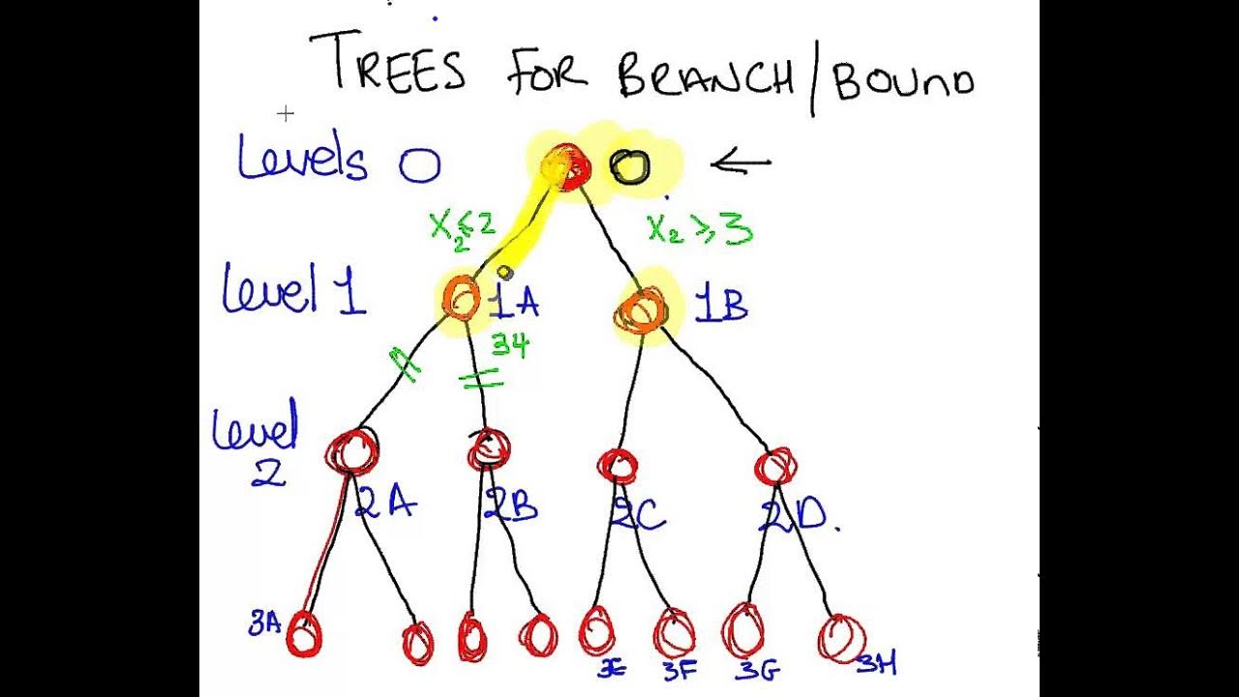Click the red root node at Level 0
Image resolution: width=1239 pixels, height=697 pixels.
[567, 167]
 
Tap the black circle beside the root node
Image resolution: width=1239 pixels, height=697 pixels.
[629, 167]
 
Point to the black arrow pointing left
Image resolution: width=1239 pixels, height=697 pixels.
[741, 164]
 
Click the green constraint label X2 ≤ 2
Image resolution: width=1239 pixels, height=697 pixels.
[463, 228]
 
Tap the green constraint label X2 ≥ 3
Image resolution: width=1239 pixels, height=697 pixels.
[699, 228]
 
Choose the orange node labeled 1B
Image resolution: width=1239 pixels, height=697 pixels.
[640, 311]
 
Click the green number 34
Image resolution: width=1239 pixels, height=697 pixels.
[510, 345]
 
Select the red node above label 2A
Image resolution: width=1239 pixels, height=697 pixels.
[351, 450]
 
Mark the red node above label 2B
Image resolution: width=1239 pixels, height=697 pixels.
[490, 449]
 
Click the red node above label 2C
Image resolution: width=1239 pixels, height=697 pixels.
[617, 465]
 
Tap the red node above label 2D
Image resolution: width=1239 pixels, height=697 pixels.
[775, 467]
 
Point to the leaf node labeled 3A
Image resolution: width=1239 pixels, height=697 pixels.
[303, 635]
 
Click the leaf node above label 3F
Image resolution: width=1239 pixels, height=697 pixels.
[674, 633]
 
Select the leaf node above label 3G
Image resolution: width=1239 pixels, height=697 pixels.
[743, 630]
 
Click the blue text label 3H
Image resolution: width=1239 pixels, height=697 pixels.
[877, 663]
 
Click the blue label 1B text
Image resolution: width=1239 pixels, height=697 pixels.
[721, 306]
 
